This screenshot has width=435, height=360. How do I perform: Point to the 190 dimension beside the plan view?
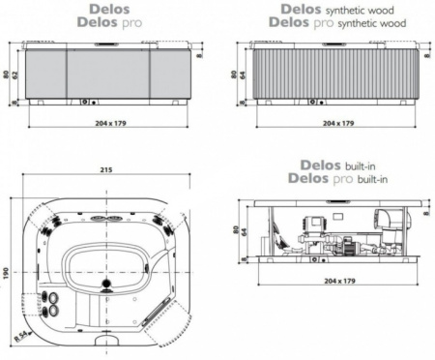click(x=6, y=276)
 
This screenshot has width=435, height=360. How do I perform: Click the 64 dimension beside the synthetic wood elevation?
click(x=247, y=74)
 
